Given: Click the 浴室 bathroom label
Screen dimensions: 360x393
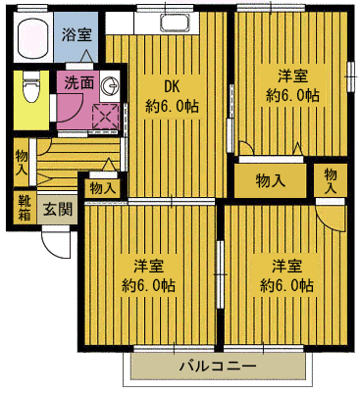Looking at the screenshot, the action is [x=77, y=35].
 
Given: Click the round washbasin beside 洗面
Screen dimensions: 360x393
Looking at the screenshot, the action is [x=109, y=85].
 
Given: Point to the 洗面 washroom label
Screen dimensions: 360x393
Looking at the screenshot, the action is [x=79, y=83].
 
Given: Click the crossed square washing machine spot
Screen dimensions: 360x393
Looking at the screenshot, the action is [x=105, y=117].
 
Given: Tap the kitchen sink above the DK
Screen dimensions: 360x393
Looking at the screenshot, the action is [x=176, y=23].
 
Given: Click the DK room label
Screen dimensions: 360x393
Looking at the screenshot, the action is [x=172, y=86].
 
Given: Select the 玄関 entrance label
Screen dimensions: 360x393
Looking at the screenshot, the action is [x=58, y=209].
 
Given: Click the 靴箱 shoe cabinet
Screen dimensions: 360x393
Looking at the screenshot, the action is [x=25, y=208].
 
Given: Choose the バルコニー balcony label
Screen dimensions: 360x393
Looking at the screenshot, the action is [x=217, y=366].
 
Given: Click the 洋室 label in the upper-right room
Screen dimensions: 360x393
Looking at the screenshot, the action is [x=292, y=76].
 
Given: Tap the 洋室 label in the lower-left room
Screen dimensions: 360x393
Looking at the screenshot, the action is [x=148, y=267].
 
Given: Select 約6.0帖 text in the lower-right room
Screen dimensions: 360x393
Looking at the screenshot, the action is [x=286, y=286].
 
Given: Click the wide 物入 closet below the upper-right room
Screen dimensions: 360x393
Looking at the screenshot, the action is [x=270, y=180].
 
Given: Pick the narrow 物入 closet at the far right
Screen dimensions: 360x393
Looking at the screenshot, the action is [x=331, y=181].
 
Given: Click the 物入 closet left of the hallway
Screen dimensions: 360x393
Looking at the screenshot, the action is [x=22, y=163].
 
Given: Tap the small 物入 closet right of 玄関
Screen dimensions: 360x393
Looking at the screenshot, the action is [x=102, y=188].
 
